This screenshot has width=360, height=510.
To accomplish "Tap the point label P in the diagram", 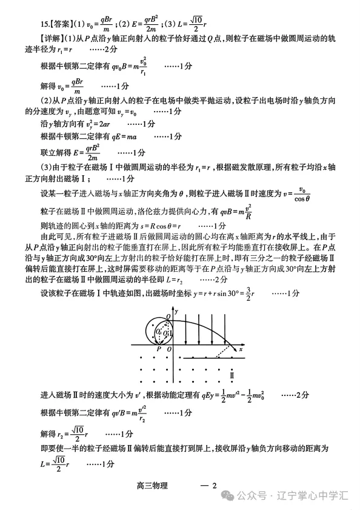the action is point(159,350).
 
